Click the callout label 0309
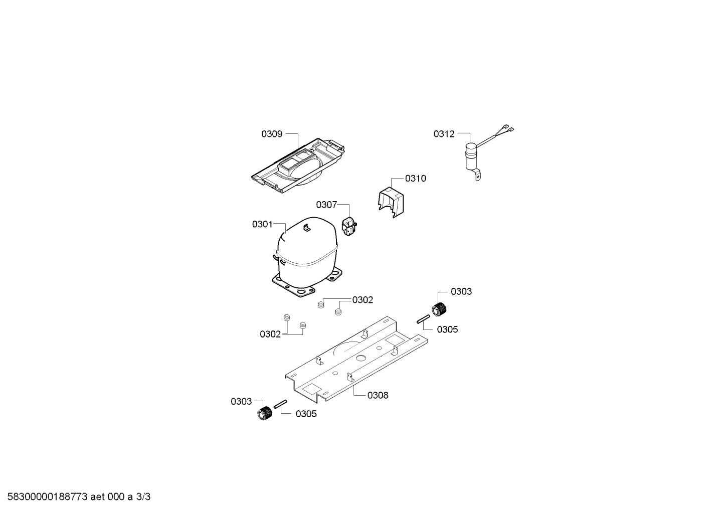click(x=272, y=134)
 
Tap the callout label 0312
click(x=444, y=134)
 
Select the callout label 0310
click(x=416, y=179)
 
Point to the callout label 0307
click(x=326, y=205)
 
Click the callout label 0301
click(x=262, y=224)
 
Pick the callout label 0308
click(x=378, y=395)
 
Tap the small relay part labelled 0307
click(x=349, y=227)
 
